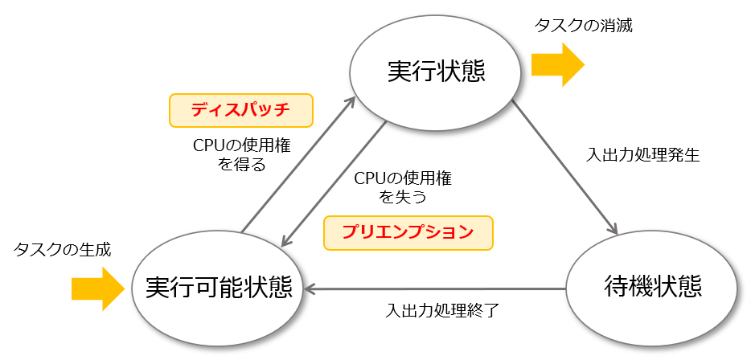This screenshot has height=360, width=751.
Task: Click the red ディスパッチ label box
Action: pyautogui.click(x=241, y=111)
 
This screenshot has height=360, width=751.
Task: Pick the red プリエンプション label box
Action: pyautogui.click(x=408, y=233)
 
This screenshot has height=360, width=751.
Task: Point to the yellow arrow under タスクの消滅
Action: pyautogui.click(x=558, y=64)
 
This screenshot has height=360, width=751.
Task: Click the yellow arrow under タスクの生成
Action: pyautogui.click(x=98, y=288)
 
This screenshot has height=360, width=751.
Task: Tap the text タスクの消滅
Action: pyautogui.click(x=584, y=27)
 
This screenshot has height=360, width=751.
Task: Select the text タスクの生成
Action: pyautogui.click(x=63, y=250)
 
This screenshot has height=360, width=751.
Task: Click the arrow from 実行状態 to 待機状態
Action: pyautogui.click(x=564, y=168)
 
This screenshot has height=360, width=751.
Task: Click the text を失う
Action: pyautogui.click(x=403, y=196)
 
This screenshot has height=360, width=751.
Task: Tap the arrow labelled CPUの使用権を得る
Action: pyautogui.click(x=298, y=166)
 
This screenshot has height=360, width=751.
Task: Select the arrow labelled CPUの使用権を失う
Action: pyautogui.click(x=334, y=184)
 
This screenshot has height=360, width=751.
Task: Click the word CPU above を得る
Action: pyautogui.click(x=209, y=146)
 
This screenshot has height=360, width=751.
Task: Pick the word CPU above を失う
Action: pyautogui.click(x=370, y=178)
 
